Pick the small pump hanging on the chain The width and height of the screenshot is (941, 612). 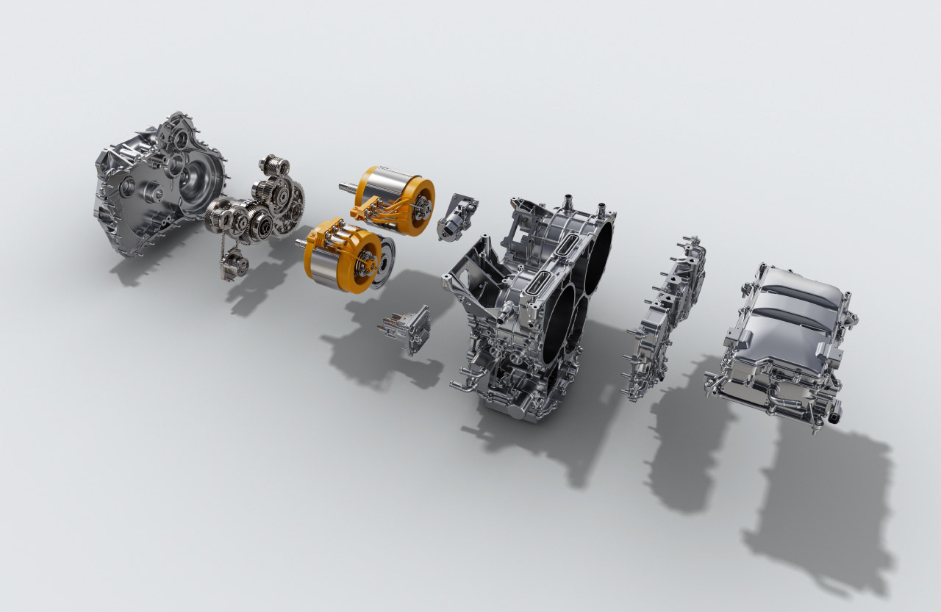pos(232,263)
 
